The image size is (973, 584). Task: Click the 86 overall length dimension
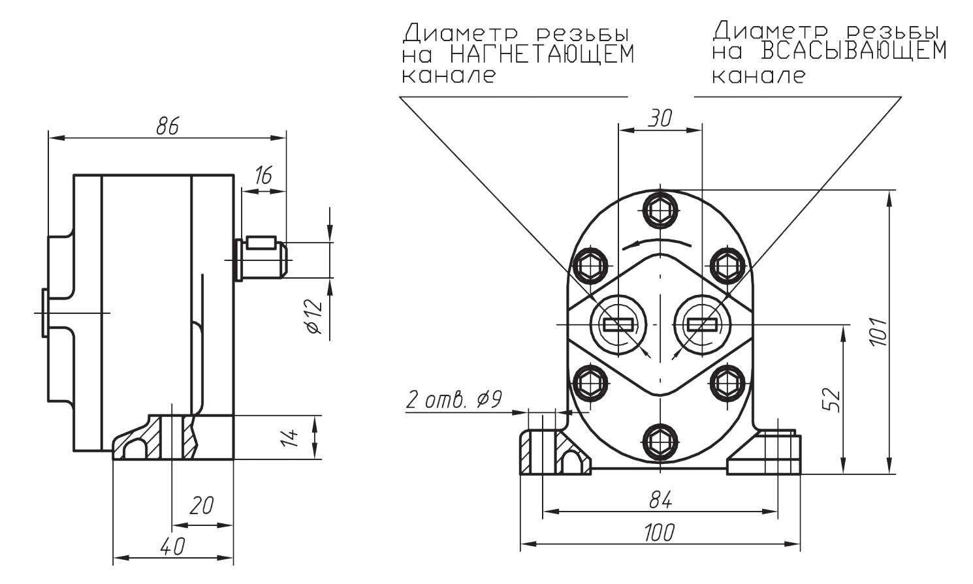pyautogui.click(x=167, y=126)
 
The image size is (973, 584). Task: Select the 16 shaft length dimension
pyautogui.click(x=263, y=176)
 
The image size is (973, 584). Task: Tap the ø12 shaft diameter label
pyautogui.click(x=314, y=316)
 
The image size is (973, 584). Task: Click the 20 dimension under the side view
pyautogui.click(x=202, y=506)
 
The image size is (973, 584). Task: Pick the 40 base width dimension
pyautogui.click(x=172, y=546)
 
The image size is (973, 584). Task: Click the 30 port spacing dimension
pyautogui.click(x=660, y=118)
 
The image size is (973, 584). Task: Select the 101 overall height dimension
pyautogui.click(x=878, y=332)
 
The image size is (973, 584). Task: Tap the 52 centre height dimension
pyautogui.click(x=831, y=400)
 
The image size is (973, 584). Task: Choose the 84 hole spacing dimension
pyautogui.click(x=661, y=499)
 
